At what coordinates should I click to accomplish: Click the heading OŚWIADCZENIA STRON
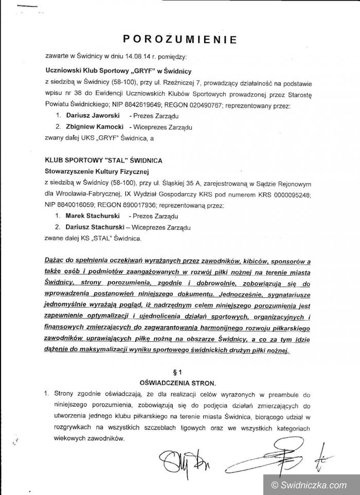(179, 383)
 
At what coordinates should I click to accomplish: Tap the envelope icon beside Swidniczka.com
(273, 484)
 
